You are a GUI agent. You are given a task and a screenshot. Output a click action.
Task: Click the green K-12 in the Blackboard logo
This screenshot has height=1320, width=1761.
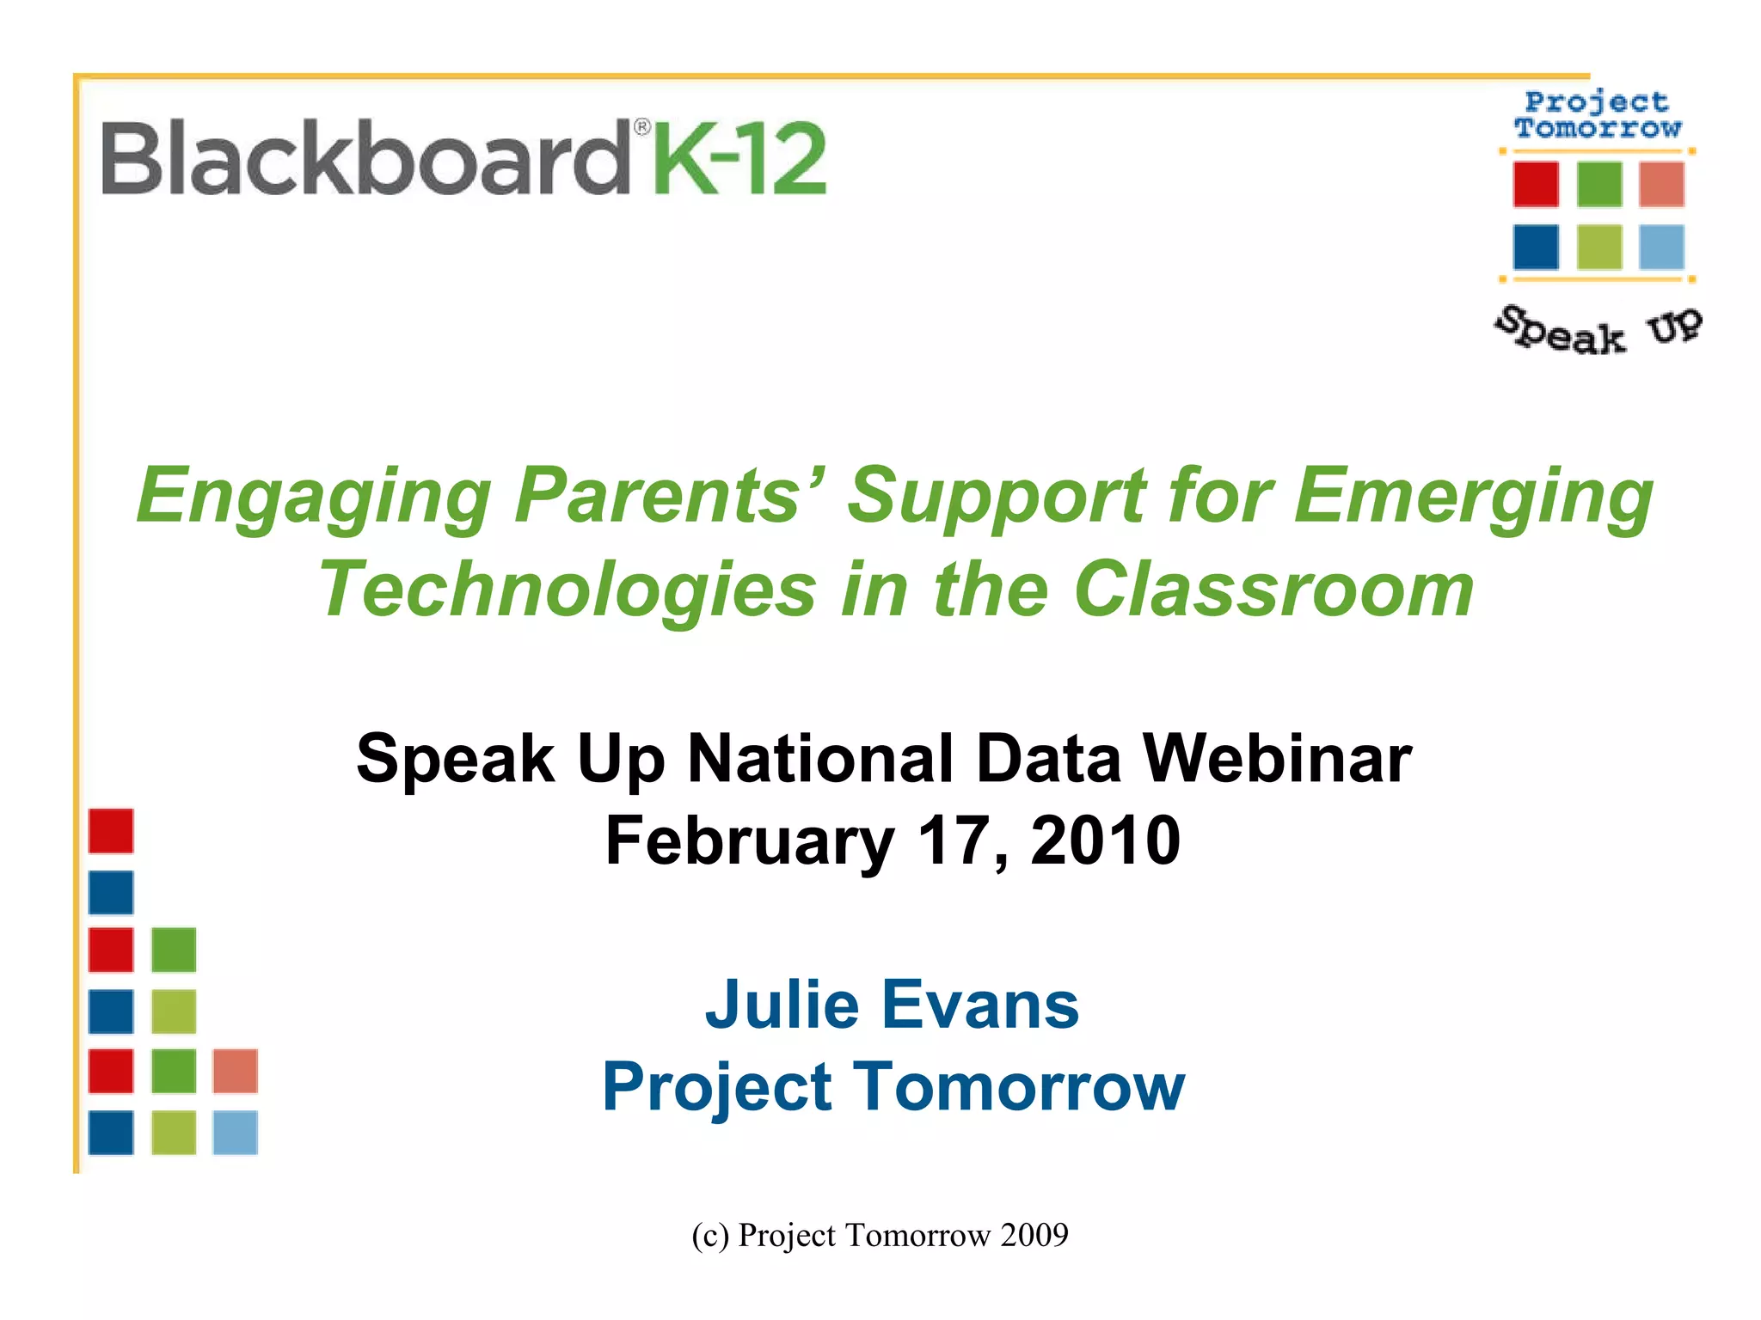[x=739, y=159]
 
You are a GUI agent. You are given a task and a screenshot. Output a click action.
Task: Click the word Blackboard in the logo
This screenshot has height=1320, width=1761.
[x=365, y=159]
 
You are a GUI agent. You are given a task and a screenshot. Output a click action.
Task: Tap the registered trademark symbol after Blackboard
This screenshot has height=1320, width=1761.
[x=641, y=128]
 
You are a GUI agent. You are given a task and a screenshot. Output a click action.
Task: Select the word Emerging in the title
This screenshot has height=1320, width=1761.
[x=1473, y=497]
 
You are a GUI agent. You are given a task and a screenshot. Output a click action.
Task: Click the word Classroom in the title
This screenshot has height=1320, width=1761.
[x=1274, y=590]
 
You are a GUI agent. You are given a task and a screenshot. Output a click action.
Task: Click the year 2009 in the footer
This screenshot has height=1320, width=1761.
[x=1034, y=1235]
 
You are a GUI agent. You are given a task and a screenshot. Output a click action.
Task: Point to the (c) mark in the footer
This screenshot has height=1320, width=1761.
[x=710, y=1235]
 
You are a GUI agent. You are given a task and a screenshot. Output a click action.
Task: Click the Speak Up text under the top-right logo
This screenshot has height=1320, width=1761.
[x=1598, y=330]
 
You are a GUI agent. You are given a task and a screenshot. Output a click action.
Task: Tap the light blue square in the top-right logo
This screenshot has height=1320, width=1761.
[x=1661, y=247]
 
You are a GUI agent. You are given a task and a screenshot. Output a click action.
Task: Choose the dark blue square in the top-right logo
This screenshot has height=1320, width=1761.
[x=1536, y=247]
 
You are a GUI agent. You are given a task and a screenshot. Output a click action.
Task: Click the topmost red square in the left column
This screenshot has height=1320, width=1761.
[x=111, y=831]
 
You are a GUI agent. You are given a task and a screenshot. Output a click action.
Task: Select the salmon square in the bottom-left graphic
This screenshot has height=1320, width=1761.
[x=236, y=1071]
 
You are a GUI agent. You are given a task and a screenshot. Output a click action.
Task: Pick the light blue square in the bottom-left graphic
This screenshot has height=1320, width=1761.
[x=236, y=1132]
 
